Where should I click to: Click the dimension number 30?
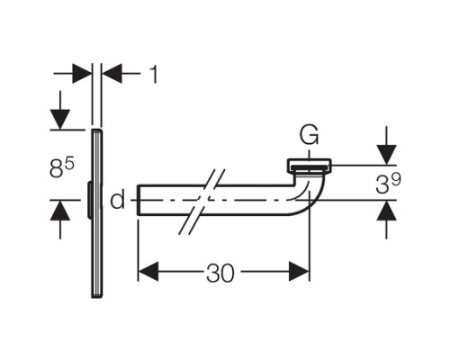220,273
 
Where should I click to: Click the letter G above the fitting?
309,136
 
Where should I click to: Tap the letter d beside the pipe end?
117,200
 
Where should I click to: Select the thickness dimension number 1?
154,74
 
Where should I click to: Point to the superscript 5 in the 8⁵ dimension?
69,164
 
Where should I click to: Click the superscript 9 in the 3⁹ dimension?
395,180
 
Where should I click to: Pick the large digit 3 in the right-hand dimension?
382,184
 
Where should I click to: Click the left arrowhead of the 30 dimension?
148,271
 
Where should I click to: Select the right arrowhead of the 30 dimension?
299,271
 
